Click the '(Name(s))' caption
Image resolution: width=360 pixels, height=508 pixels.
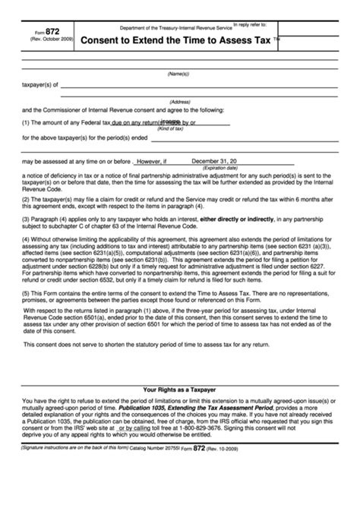179,74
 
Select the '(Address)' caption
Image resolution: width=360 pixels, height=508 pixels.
179,101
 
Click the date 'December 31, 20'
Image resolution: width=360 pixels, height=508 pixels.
214,162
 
